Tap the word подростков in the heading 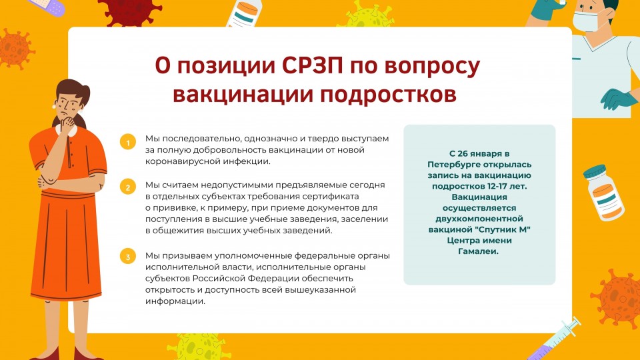(x=388, y=95)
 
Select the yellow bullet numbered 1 (x=128, y=142)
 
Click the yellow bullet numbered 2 (x=128, y=187)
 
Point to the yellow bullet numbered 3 (x=128, y=257)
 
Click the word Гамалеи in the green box (x=479, y=251)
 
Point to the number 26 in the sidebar (x=463, y=154)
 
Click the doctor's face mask (x=586, y=21)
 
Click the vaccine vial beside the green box (x=603, y=192)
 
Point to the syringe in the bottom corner (x=555, y=339)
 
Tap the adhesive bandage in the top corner (x=47, y=6)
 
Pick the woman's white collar (x=67, y=130)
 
